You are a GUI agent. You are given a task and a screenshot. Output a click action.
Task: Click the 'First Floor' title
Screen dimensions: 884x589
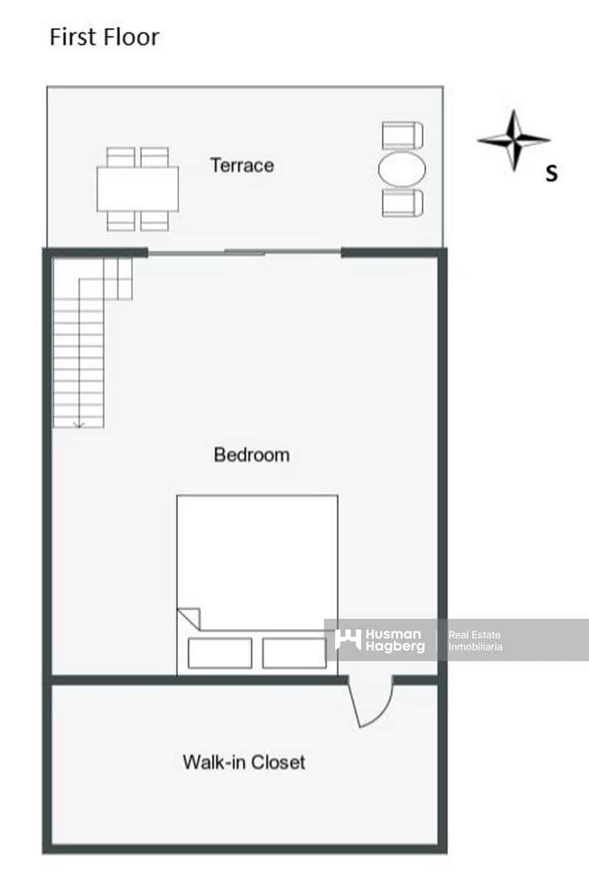(x=104, y=37)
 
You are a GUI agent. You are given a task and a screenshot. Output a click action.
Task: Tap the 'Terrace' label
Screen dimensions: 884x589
(x=241, y=165)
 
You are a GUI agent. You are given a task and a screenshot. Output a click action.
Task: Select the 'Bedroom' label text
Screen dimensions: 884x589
(x=251, y=455)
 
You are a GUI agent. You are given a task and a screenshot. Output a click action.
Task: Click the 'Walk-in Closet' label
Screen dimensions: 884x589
(x=244, y=762)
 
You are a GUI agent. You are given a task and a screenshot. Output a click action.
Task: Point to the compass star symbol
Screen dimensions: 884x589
(x=514, y=140)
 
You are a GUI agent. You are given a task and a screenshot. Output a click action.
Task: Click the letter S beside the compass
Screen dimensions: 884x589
(x=551, y=174)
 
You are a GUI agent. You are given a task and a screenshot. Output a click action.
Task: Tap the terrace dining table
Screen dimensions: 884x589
(x=138, y=189)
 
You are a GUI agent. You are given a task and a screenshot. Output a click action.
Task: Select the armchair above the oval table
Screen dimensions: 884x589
(x=403, y=136)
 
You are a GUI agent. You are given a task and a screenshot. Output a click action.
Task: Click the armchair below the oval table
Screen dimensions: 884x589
(x=403, y=203)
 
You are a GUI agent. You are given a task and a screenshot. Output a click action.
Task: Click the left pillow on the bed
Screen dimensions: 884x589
(x=219, y=653)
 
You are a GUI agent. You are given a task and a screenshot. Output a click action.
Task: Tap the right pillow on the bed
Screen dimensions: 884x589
(x=294, y=653)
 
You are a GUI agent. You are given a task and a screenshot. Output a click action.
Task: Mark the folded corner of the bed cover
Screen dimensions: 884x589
(x=188, y=617)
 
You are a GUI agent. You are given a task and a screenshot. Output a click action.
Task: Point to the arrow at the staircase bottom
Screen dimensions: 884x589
(x=79, y=422)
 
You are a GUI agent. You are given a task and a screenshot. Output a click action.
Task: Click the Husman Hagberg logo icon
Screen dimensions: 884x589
(x=348, y=639)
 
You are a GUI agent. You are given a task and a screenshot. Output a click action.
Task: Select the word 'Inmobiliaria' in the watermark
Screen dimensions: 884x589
(x=476, y=647)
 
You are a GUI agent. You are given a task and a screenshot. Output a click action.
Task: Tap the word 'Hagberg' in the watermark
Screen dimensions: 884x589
(x=395, y=646)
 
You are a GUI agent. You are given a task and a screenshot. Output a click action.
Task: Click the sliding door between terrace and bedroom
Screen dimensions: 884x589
(x=244, y=253)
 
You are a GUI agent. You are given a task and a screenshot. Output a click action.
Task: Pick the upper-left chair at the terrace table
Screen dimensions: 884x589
(x=121, y=156)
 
